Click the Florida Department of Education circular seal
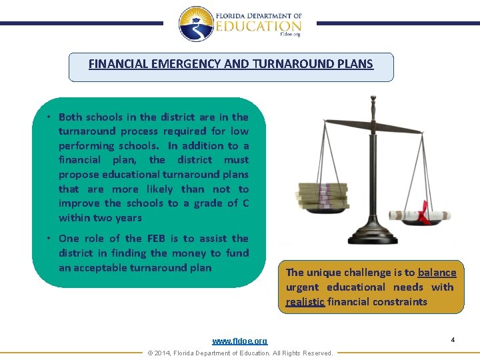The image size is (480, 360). (196, 24)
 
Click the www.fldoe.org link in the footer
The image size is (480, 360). (239, 341)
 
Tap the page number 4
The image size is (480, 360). (453, 340)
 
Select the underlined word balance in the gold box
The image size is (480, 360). (437, 273)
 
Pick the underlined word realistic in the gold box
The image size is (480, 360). (305, 302)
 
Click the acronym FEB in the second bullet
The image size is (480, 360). (157, 239)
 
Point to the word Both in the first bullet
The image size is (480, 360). (71, 117)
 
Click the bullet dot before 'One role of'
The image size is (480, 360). (49, 239)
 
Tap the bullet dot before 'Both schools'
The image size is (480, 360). (49, 117)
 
